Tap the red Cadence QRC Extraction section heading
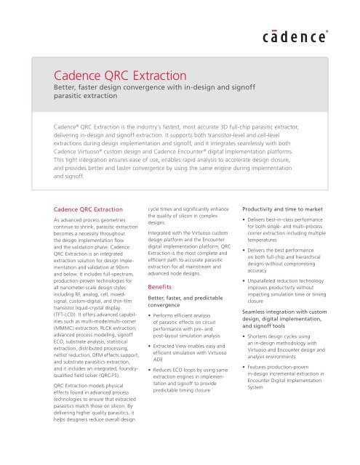point(88,203)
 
